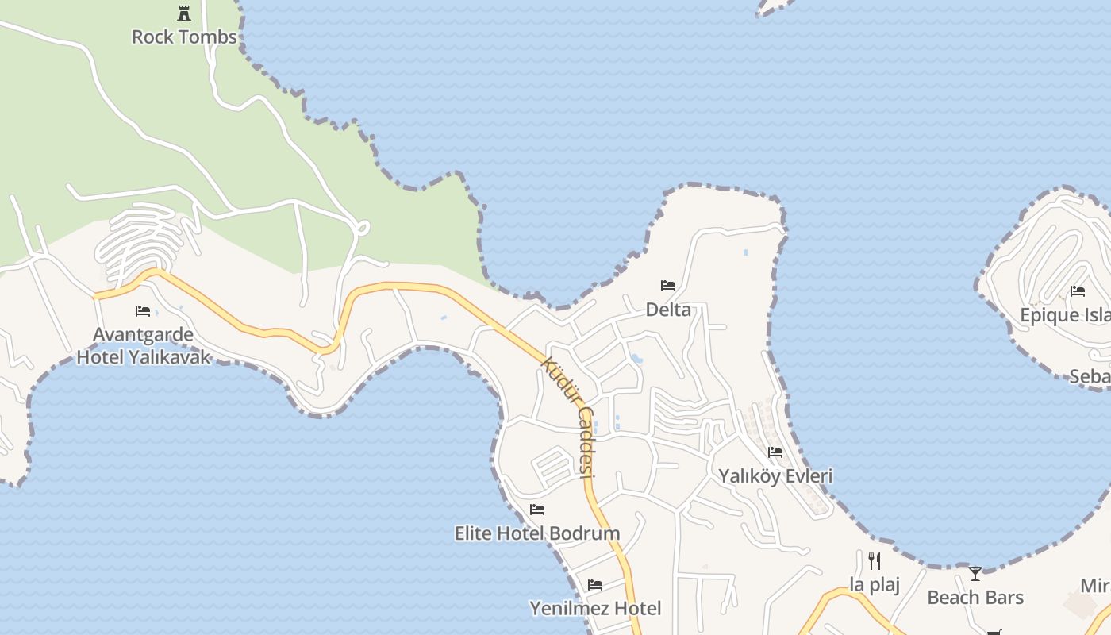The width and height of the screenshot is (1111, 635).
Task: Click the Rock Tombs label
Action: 184,37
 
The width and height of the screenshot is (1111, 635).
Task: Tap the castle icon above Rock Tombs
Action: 184,13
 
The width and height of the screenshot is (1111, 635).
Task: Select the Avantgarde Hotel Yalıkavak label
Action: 144,345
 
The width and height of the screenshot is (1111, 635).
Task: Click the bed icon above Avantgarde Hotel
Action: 143,310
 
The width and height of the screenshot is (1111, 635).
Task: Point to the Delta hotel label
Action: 668,310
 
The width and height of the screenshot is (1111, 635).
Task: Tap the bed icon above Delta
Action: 668,285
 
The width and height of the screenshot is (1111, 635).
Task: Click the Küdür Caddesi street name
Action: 568,418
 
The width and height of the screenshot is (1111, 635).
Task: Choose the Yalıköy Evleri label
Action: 775,475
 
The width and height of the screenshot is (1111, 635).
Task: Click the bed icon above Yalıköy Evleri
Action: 775,452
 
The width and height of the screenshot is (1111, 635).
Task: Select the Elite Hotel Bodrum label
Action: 537,533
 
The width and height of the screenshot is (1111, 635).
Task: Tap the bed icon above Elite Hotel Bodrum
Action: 537,509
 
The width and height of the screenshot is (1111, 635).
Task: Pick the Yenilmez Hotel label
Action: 595,608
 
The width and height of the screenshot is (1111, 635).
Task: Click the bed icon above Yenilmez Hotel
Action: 595,585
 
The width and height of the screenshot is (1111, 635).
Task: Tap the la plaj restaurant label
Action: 875,585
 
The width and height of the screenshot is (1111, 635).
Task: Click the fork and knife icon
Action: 875,561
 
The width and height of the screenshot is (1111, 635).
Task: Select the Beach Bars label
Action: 975,597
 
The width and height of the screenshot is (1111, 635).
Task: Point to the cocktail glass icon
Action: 975,573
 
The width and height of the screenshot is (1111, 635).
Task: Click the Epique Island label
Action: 1065,315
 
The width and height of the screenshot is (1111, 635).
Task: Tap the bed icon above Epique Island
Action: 1078,291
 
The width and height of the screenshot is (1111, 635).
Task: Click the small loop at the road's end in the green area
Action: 362,229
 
